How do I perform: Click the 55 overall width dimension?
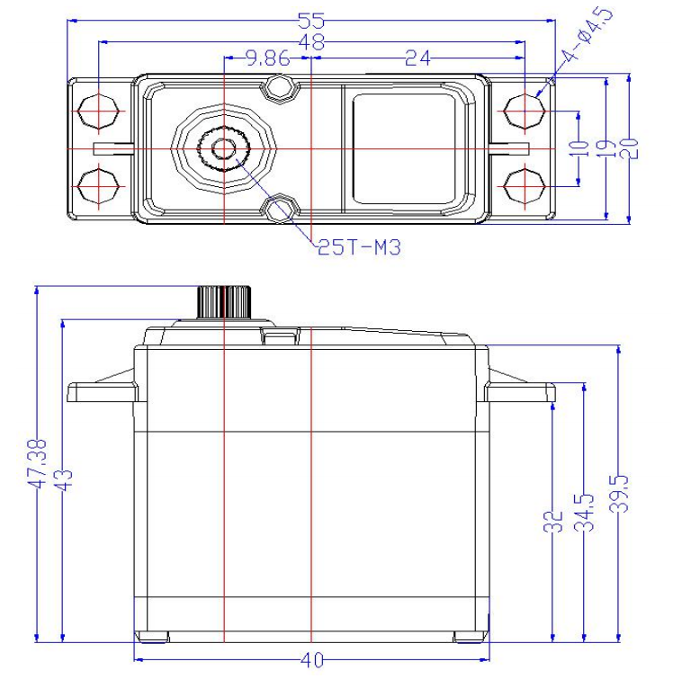click(x=311, y=21)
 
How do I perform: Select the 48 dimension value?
click(x=311, y=42)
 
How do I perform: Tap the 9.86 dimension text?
click(x=268, y=58)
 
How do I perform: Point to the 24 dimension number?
click(x=418, y=58)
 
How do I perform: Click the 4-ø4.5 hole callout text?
click(x=587, y=35)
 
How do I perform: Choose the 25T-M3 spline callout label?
click(x=359, y=247)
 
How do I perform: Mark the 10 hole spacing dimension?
click(x=578, y=148)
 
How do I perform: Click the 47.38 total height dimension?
click(x=37, y=464)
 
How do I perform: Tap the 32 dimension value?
click(x=552, y=521)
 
